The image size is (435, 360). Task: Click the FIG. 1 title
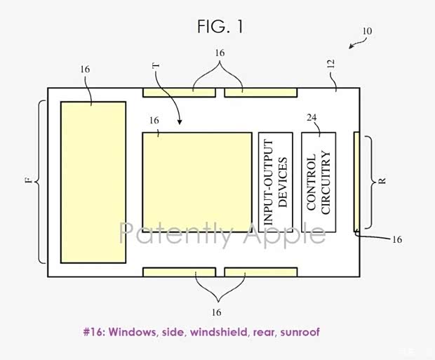220,27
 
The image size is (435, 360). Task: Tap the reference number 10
367,32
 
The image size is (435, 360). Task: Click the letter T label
155,66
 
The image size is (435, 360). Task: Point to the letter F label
28,181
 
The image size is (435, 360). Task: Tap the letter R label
382,180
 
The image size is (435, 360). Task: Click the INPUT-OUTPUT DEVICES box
275,182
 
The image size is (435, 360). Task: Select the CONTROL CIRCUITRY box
319,182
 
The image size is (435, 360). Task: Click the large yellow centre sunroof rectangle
196,182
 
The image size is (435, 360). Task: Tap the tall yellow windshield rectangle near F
93,182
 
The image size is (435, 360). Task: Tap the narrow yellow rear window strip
356,180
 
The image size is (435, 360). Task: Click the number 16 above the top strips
220,53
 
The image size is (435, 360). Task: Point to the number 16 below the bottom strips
216,312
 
